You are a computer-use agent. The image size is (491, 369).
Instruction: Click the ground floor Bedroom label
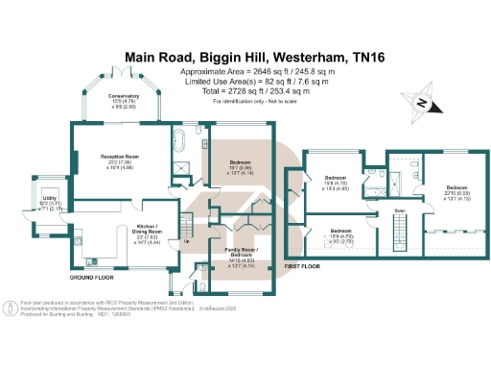[x=241, y=163]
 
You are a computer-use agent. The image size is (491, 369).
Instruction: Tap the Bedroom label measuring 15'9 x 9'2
[x=342, y=233]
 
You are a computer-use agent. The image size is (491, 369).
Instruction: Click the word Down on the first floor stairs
[x=399, y=209]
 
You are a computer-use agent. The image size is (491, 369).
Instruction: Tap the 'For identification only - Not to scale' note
[x=245, y=100]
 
